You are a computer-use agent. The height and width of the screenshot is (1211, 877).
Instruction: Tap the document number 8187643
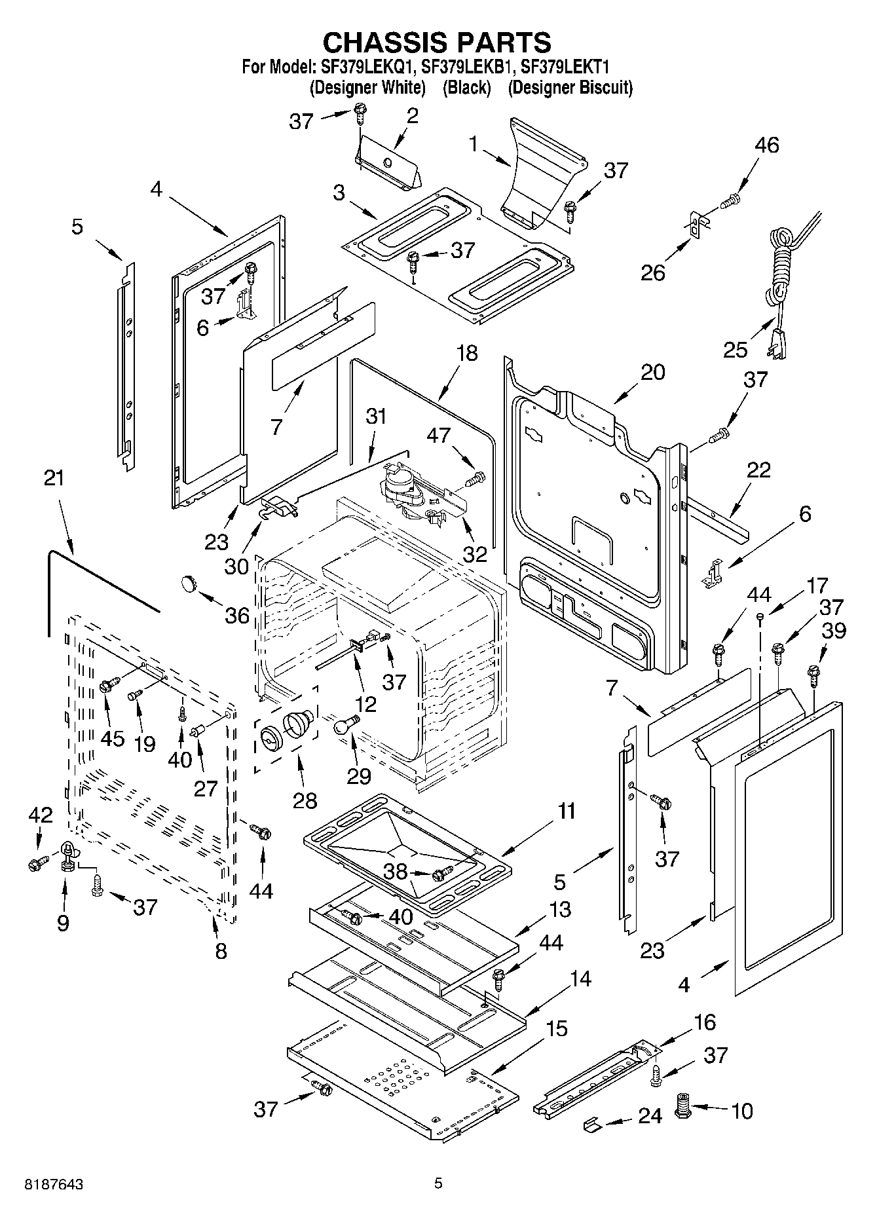tap(54, 1184)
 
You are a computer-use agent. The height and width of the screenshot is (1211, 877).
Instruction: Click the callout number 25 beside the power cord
tap(736, 349)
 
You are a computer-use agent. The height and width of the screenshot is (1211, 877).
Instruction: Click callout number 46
tap(767, 145)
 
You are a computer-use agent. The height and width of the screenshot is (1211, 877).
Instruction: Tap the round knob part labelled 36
tap(189, 582)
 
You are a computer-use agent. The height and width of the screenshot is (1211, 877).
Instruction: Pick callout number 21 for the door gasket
tap(54, 477)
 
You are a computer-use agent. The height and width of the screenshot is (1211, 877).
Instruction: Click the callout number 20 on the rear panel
tap(652, 372)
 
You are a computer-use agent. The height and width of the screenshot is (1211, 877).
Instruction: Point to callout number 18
tap(467, 354)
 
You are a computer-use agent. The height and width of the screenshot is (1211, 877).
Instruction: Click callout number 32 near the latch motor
tap(475, 554)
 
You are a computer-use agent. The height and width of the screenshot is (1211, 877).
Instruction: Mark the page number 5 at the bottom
tap(438, 1183)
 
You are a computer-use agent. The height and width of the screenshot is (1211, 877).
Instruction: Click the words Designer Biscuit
tap(570, 87)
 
